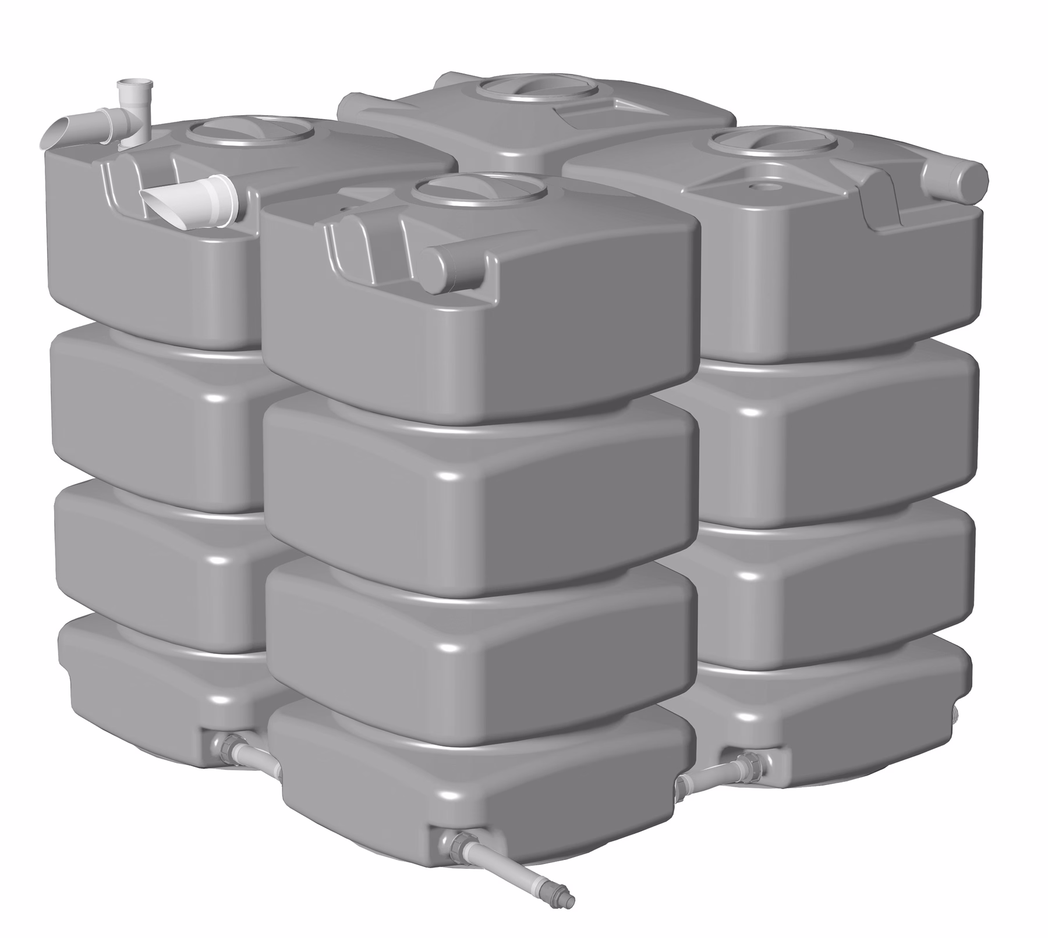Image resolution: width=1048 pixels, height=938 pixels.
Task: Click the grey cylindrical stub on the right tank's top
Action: click(955, 175)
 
